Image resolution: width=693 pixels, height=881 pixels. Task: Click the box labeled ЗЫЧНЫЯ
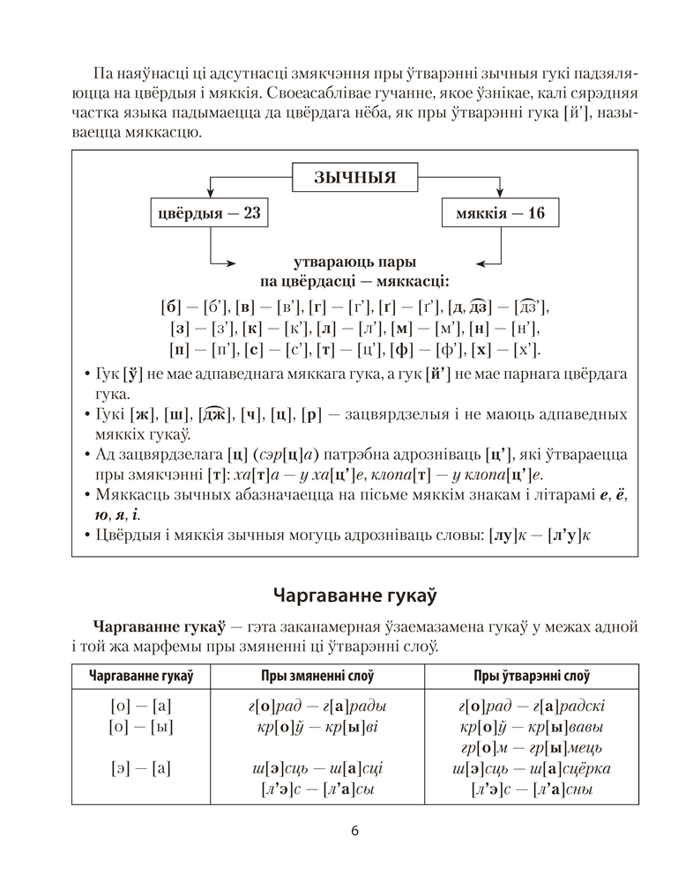click(354, 178)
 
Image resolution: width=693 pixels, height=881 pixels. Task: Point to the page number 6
click(354, 831)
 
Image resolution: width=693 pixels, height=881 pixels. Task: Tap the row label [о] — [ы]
click(141, 727)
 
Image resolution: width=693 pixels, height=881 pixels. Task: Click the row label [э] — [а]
click(141, 768)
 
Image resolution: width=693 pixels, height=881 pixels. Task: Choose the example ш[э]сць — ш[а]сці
click(317, 768)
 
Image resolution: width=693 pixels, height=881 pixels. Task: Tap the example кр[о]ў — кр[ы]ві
click(317, 727)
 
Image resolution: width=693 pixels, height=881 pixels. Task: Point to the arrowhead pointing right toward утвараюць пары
click(230, 262)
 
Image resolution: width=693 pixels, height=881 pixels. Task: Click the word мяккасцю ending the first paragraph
click(165, 134)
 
